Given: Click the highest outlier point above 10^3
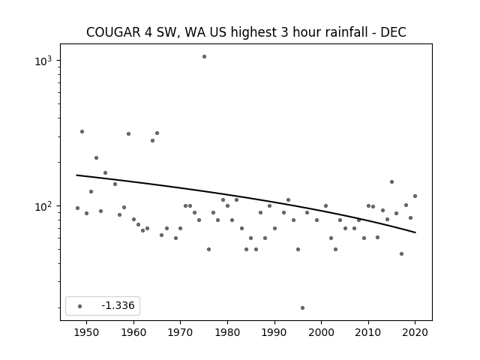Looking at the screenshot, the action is tap(204, 57).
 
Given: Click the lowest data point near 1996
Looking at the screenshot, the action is tap(302, 308).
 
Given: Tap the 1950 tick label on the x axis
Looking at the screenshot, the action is tap(87, 332).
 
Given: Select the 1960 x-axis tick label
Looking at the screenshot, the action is tap(133, 332).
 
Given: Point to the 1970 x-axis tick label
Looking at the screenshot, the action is tap(180, 332).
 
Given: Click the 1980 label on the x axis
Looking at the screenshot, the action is tap(227, 332).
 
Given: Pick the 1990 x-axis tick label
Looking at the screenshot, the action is tap(274, 332).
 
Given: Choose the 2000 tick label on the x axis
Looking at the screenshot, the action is tap(322, 332).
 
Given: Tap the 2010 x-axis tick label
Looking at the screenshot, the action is tap(368, 332).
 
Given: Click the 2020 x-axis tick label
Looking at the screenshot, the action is tap(415, 332).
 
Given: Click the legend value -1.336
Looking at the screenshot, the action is tap(118, 305).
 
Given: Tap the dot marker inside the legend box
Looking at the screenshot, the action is tap(80, 306).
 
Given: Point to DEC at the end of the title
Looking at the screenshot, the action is tap(393, 32).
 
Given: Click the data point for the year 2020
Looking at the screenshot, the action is tap(415, 196).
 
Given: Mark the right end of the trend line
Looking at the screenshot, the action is tap(415, 232).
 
